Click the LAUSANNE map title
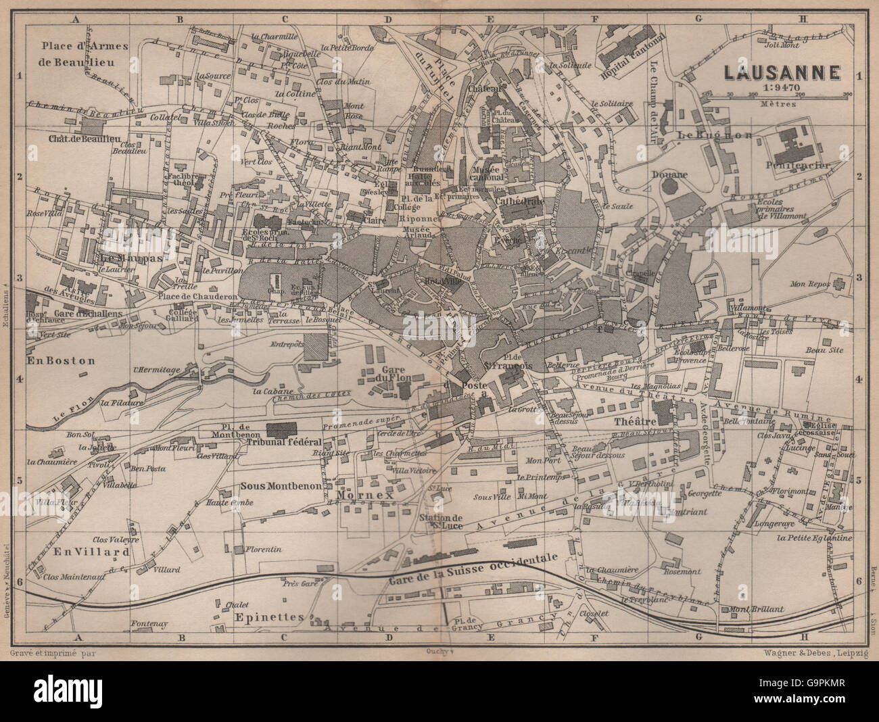pyautogui.click(x=782, y=72)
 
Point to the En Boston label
pyautogui.click(x=61, y=361)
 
